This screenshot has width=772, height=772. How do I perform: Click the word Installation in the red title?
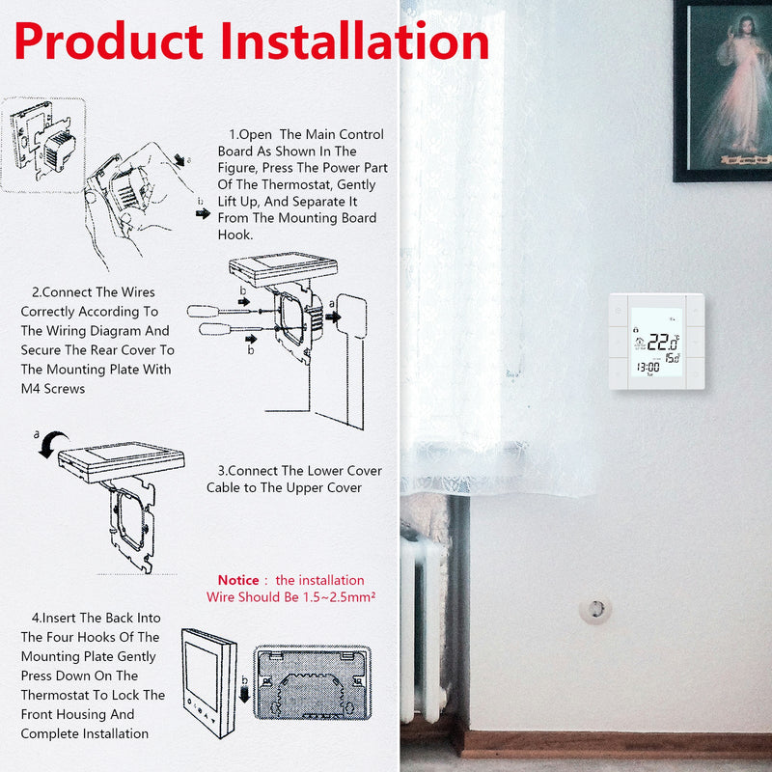click(x=355, y=41)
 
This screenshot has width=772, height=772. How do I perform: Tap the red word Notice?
click(x=238, y=580)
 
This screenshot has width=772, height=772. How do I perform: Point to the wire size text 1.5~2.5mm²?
click(x=338, y=597)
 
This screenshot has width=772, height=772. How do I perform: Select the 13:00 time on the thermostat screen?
click(x=648, y=366)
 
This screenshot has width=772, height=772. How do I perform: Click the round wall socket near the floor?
click(x=594, y=609)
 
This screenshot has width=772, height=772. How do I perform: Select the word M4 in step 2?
click(x=32, y=389)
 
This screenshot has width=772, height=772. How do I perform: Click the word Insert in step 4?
click(x=62, y=618)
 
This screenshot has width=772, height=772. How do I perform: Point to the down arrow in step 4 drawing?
click(x=245, y=691)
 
